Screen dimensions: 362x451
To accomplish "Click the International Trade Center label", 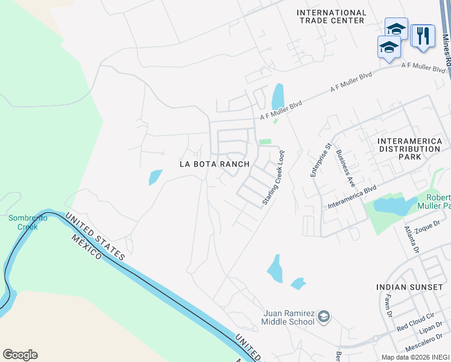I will [331, 16].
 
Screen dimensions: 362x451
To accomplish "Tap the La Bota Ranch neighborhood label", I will [215, 164].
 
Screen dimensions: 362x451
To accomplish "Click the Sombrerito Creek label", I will [23, 223].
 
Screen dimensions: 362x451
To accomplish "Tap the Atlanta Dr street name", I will [412, 239].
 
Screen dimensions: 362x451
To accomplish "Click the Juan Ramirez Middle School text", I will [289, 317].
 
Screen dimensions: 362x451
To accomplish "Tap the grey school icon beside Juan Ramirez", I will [324, 317].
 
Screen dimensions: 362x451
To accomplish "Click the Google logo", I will [20, 355].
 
